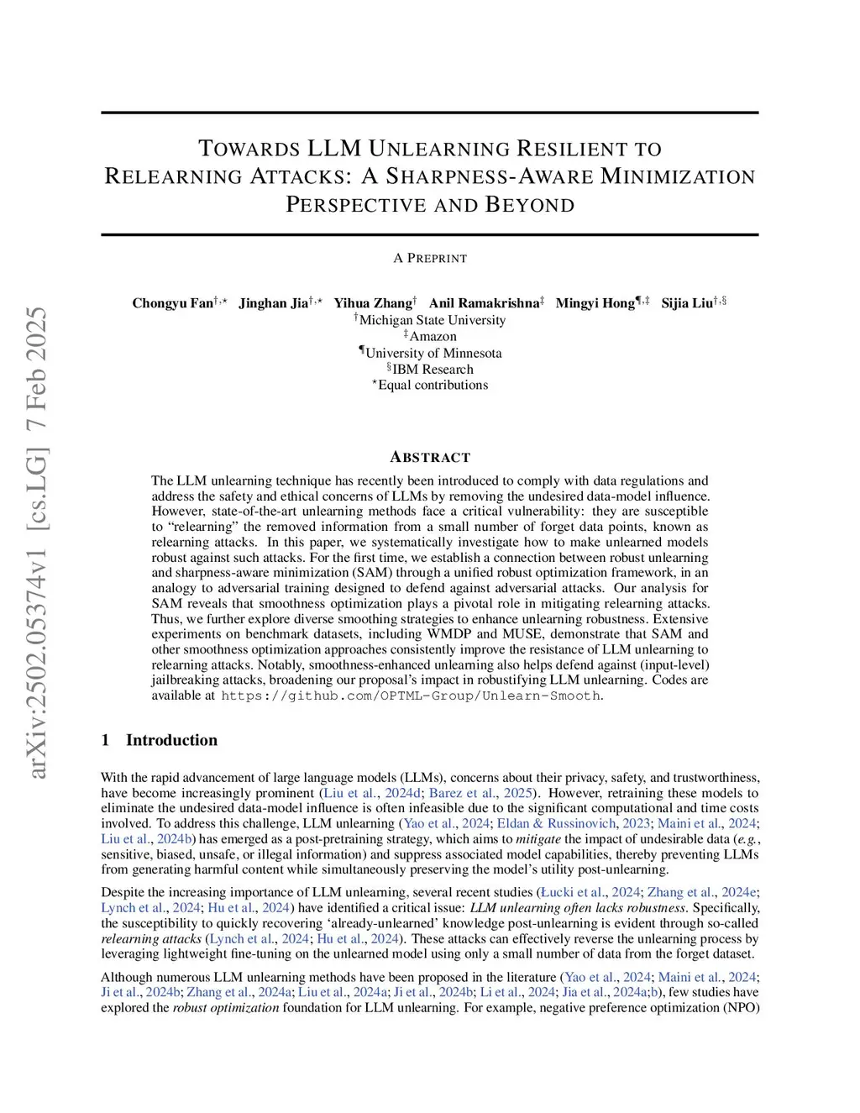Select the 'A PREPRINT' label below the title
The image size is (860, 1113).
tap(430, 258)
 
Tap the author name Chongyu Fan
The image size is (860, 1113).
tap(173, 303)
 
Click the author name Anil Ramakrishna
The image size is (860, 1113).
tap(484, 303)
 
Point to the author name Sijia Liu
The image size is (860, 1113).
tap(687, 303)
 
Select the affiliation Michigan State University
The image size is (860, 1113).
tap(433, 320)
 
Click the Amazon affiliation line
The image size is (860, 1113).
tap(433, 336)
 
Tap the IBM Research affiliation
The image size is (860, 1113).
tap(433, 369)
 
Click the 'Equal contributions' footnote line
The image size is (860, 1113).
tap(433, 385)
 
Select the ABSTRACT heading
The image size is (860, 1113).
tap(430, 457)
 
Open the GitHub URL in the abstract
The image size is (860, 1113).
tap(411, 696)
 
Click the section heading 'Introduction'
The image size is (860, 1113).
tap(171, 740)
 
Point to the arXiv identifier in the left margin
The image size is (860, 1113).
tap(38, 542)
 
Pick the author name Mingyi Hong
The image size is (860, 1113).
tap(595, 303)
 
